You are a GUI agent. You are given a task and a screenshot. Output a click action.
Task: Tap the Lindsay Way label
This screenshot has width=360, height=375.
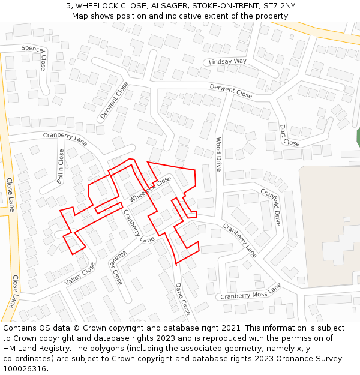(227, 62)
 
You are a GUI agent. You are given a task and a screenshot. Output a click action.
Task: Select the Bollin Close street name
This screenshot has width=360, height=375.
(61, 166)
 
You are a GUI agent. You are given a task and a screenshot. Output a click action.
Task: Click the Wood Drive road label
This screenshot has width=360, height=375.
(219, 154)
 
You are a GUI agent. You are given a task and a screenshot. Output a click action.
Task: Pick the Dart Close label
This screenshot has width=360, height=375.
(289, 136)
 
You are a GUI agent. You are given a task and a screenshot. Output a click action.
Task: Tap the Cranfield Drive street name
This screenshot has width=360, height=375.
(271, 207)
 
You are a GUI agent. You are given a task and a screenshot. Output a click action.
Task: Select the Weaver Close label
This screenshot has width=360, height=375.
(116, 267)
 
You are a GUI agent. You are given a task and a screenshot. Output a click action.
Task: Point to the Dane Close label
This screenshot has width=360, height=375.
(182, 299)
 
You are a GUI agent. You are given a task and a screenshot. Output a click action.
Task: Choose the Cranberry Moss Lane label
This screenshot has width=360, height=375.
(251, 293)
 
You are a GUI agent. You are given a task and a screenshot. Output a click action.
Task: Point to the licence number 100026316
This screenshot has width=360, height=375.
(25, 368)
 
